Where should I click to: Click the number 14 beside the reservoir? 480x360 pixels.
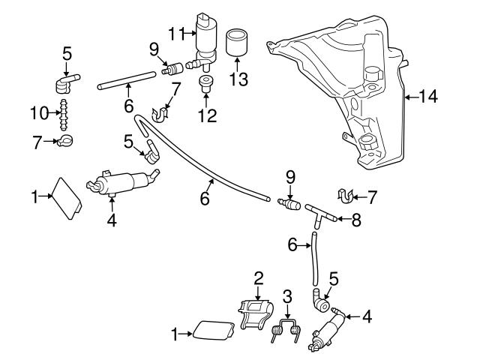tap(428, 96)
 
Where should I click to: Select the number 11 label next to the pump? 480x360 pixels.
tap(176, 33)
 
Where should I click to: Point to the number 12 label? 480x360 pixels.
tap(207, 116)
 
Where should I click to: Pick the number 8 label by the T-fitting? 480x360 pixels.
tap(355, 220)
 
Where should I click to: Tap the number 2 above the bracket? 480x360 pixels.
tap(259, 278)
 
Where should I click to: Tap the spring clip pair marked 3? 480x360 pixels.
tap(286, 330)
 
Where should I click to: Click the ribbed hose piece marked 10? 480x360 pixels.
tap(64, 113)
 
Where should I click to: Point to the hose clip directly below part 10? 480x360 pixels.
tap(66, 141)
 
